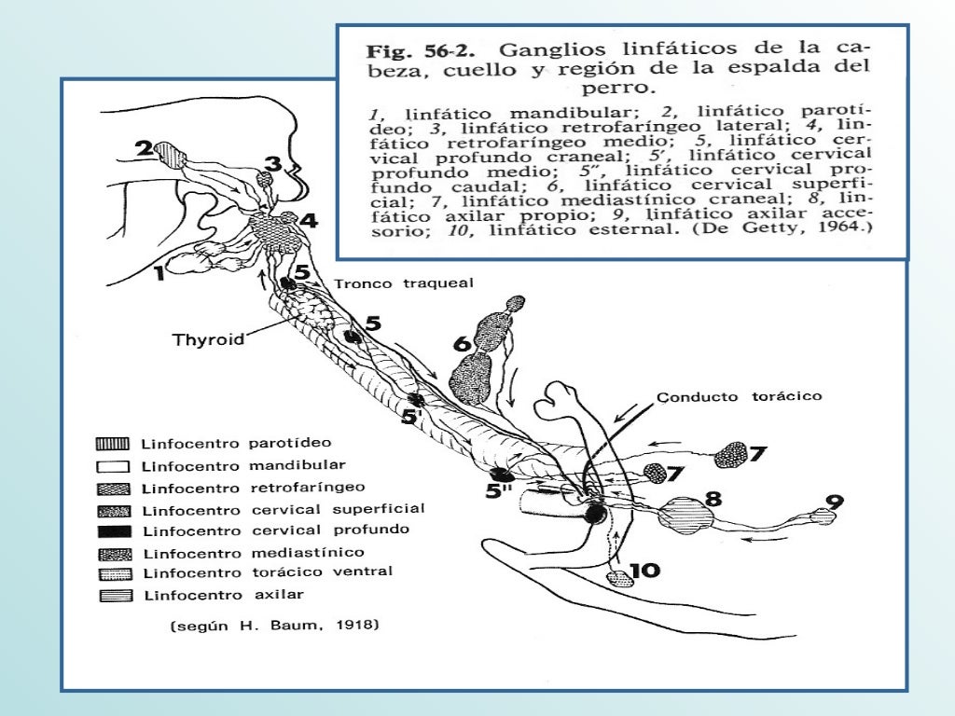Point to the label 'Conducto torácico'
pyautogui.click(x=740, y=397)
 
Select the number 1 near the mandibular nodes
pyautogui.click(x=159, y=273)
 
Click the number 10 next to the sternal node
pyautogui.click(x=644, y=570)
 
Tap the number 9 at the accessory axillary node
pyautogui.click(x=835, y=502)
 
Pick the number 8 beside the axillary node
pyautogui.click(x=713, y=500)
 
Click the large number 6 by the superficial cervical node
pyautogui.click(x=462, y=344)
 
